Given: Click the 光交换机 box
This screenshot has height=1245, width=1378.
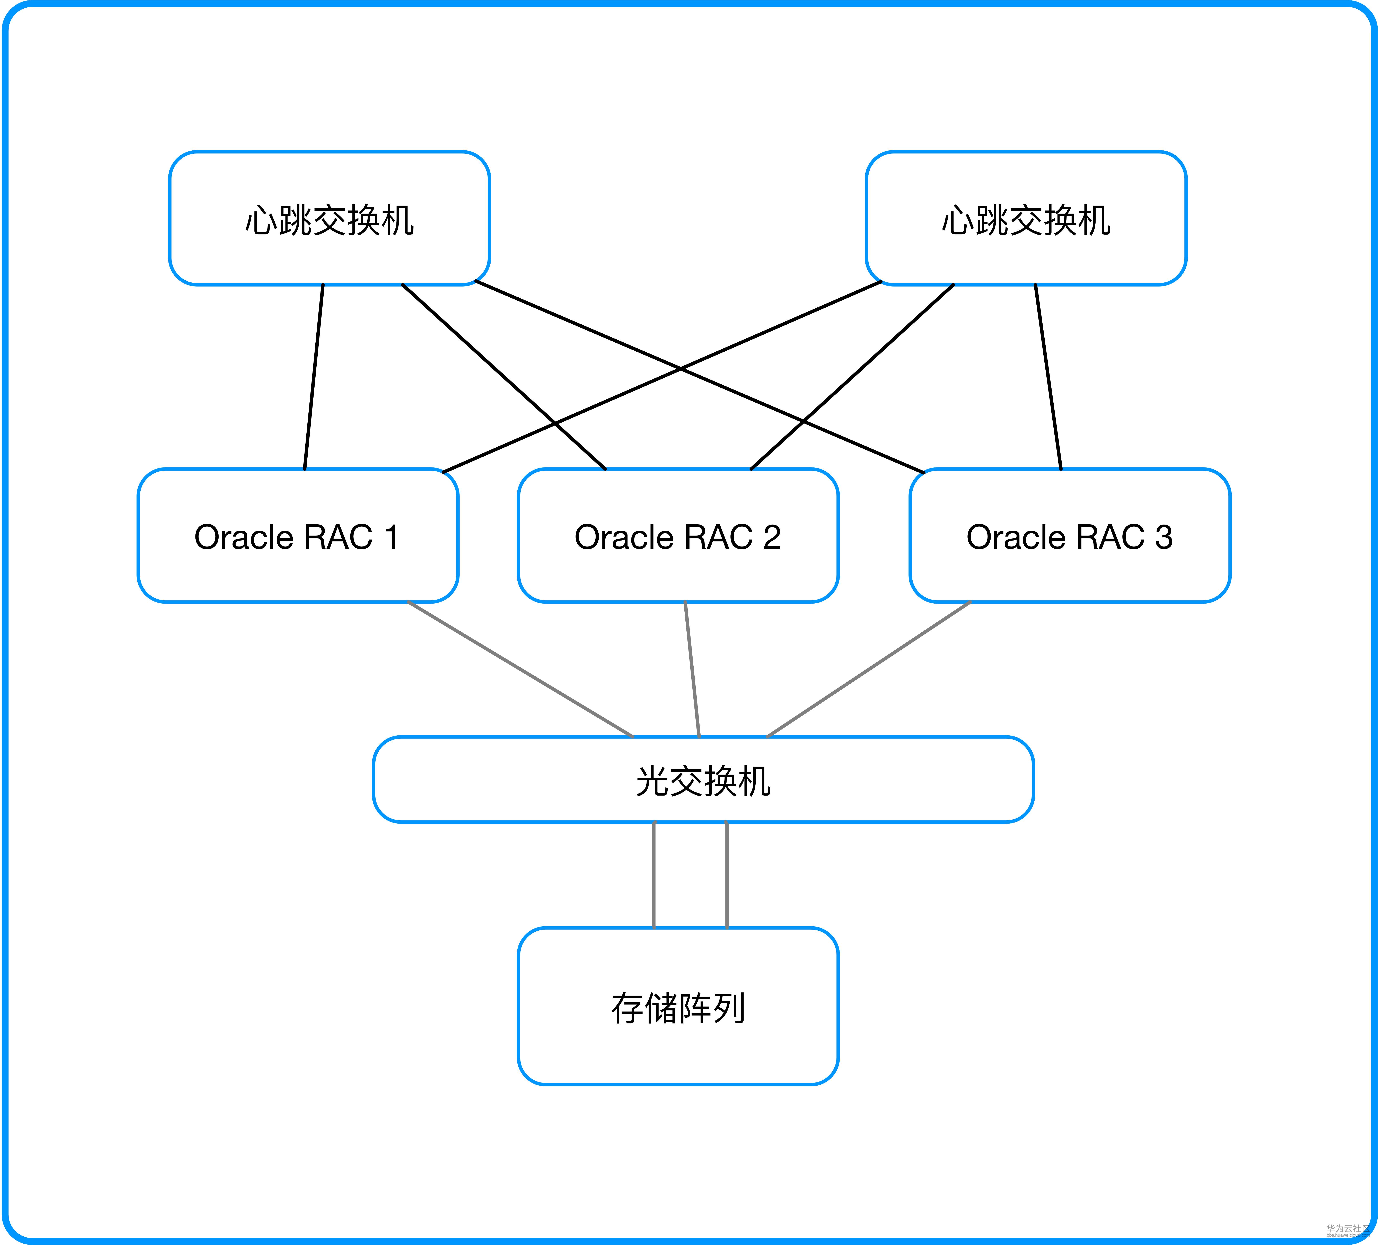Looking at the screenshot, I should (703, 779).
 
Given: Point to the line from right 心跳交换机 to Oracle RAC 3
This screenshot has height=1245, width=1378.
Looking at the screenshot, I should (1048, 376).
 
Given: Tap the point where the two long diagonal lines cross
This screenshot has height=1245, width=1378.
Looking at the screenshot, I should (680, 369).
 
